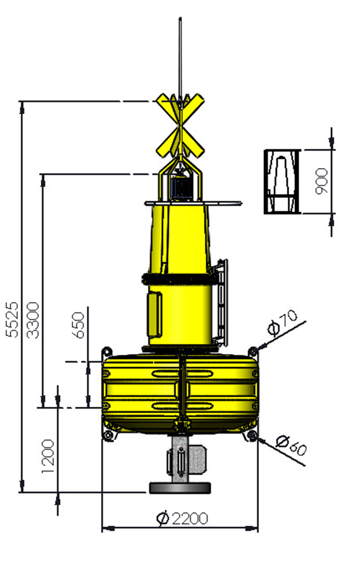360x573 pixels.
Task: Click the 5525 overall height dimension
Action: (x=12, y=320)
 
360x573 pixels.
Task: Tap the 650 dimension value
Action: (x=79, y=325)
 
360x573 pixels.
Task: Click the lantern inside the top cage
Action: (x=180, y=186)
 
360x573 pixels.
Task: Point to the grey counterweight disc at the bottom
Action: (x=180, y=488)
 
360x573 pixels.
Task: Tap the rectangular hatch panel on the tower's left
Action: (x=154, y=313)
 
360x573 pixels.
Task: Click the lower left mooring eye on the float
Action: (x=108, y=437)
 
